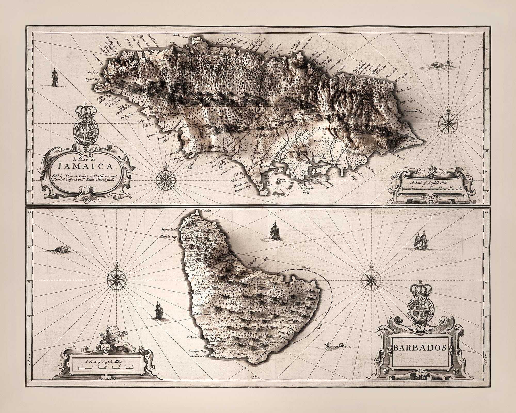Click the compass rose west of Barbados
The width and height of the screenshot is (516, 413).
pyautogui.click(x=117, y=278)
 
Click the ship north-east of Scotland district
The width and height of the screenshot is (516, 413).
pyautogui.click(x=274, y=230)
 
